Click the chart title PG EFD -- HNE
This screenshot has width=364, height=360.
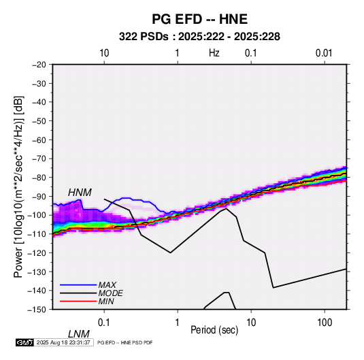pos(199,19)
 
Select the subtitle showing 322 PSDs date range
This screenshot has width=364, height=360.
pos(199,37)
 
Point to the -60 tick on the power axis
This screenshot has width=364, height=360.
pos(39,140)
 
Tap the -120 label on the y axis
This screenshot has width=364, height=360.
pos(37,252)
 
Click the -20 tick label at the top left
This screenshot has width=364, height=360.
pos(39,65)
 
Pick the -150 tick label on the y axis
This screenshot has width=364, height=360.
pos(37,310)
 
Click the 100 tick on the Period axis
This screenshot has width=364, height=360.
pos(325,323)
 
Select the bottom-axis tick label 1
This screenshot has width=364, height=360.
pos(177,323)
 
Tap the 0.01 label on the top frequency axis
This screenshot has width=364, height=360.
pos(324,53)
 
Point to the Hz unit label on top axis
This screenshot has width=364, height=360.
pos(214,53)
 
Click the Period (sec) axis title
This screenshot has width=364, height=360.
pos(214,330)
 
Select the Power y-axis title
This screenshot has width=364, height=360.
pos(18,186)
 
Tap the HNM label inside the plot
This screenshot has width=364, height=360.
pos(80,193)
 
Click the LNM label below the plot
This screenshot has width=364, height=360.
pos(78,334)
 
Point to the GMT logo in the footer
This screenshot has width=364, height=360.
pos(24,342)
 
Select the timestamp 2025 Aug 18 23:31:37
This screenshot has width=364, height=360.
pos(63,342)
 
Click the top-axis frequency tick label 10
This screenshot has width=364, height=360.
pos(104,53)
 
